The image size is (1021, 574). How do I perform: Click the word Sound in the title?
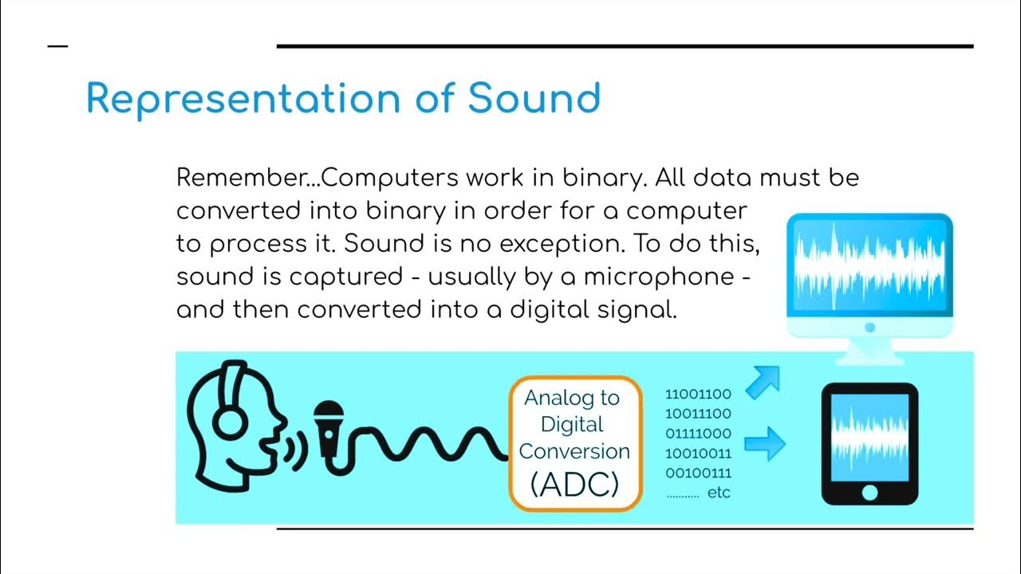534,99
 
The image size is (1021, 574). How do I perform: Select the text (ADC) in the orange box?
574,484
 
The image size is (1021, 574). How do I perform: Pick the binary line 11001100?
698,394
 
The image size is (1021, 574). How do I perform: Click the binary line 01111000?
698,434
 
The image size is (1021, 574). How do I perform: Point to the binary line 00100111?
698,474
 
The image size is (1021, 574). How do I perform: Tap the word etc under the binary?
719,493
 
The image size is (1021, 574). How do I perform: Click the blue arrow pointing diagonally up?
763,382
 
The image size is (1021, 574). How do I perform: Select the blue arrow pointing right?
765,443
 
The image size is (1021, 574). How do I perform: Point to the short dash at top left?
58,46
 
